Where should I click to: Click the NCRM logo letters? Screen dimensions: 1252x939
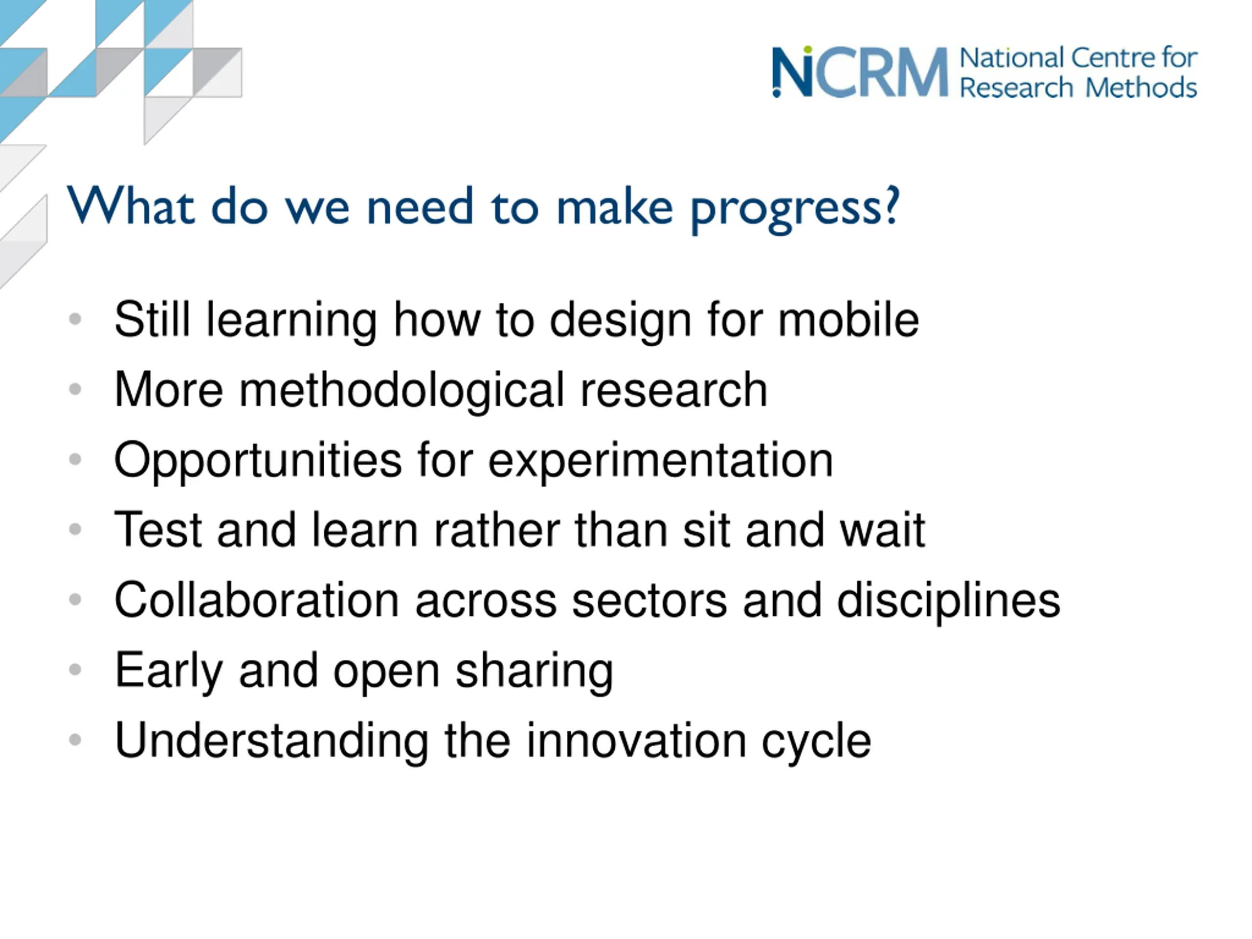[860, 72]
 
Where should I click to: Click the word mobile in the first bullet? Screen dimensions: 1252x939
[849, 320]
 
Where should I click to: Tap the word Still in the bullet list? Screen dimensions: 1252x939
[152, 320]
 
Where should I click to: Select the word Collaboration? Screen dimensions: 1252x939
[257, 600]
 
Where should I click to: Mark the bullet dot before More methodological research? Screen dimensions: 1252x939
[75, 389]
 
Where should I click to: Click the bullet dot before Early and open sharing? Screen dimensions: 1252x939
[75, 670]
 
